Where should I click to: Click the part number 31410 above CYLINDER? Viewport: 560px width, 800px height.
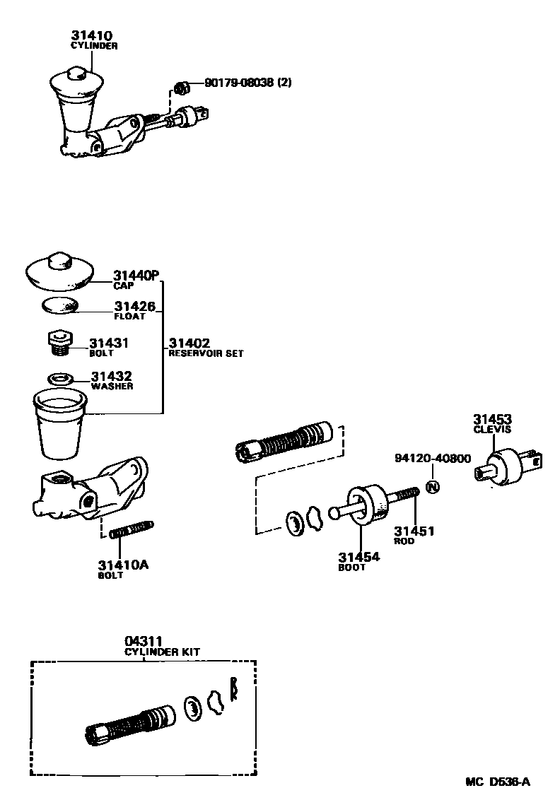(x=91, y=35)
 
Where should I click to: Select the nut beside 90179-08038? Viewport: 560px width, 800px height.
(x=181, y=88)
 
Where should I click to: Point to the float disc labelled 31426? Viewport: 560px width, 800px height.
(x=59, y=305)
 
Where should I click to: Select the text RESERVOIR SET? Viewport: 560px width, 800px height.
(x=205, y=353)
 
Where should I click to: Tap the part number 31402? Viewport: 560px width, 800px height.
(x=189, y=343)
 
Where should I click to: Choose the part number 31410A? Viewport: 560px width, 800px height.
(x=123, y=565)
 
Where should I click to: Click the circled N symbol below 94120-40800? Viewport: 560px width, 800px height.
(x=433, y=487)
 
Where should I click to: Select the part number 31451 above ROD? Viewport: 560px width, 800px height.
(x=414, y=531)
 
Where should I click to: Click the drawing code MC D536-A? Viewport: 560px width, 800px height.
(x=497, y=782)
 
